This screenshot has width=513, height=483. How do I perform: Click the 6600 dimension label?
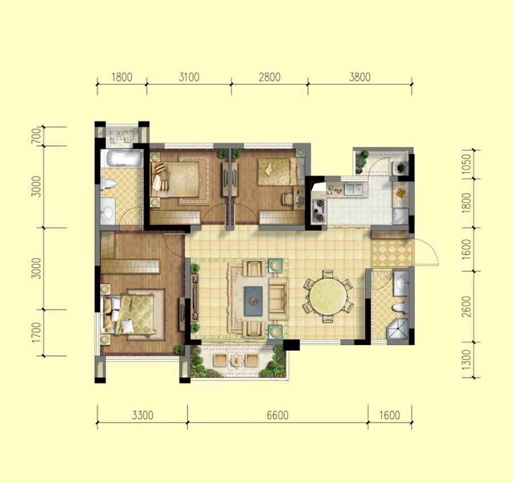(x=278, y=415)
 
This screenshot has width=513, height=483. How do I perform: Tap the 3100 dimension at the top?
(x=189, y=77)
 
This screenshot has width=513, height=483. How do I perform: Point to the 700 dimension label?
(x=37, y=136)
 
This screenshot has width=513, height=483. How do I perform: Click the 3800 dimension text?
(x=360, y=77)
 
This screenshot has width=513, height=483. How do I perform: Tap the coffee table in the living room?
(x=254, y=301)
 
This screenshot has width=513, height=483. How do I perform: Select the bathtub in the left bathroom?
(x=121, y=158)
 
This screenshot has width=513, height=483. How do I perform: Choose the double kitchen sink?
(x=353, y=189)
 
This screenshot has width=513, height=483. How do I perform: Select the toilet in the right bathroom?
(x=400, y=308)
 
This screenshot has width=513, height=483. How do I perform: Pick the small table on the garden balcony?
(x=235, y=361)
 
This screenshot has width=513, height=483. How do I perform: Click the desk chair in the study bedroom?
(x=288, y=199)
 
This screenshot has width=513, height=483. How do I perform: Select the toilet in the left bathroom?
(x=108, y=184)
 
